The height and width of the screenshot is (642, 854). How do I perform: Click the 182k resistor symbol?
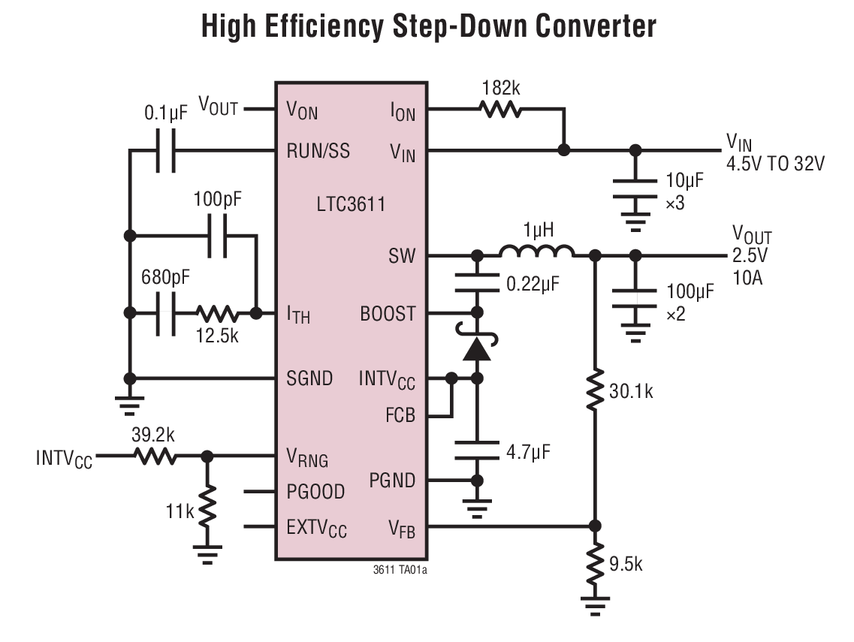500,110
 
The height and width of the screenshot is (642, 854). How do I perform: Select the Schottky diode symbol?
475,348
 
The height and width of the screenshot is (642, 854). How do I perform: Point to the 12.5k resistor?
218,313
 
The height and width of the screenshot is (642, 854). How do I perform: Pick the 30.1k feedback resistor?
595,389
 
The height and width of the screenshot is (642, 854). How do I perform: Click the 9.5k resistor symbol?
595,562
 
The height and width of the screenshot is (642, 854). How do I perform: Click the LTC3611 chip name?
351,203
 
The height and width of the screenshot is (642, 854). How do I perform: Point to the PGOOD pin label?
315,492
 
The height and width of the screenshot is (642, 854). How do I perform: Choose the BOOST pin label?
388,314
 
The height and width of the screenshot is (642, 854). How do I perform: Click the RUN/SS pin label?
318,151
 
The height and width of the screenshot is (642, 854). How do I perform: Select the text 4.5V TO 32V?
774,164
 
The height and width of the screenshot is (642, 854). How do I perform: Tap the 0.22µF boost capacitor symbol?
475,283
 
